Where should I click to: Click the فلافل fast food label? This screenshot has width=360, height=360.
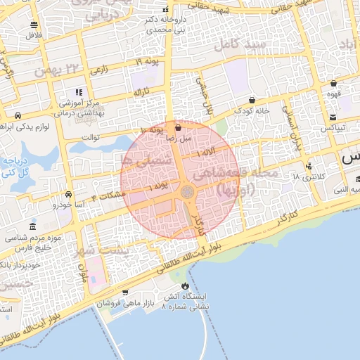34,34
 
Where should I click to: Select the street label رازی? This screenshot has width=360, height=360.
99,70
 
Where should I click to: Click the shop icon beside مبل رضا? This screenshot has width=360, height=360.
177,128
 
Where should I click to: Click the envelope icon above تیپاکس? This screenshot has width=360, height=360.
333,117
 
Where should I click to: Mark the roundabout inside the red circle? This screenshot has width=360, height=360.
187,191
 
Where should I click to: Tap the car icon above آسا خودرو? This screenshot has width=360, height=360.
68,194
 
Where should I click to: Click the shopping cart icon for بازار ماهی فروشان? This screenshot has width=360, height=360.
125,292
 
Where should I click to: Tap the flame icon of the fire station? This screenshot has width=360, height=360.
185,285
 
